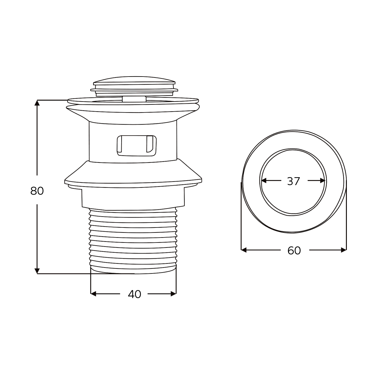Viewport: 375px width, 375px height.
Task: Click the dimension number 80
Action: [37, 191]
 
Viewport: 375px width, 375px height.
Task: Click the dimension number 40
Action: [134, 294]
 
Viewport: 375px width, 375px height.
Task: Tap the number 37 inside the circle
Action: [294, 181]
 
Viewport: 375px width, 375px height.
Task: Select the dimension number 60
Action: [294, 251]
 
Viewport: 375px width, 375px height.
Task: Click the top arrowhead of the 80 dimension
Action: [37, 103]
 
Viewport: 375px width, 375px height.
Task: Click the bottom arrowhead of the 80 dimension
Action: [37, 271]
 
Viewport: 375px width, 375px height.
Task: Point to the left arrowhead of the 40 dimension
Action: [93, 294]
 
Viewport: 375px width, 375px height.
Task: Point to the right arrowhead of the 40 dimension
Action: [173, 294]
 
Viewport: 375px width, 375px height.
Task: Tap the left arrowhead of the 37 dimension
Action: [264, 181]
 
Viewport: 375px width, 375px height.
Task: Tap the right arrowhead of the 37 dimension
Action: [322, 181]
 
